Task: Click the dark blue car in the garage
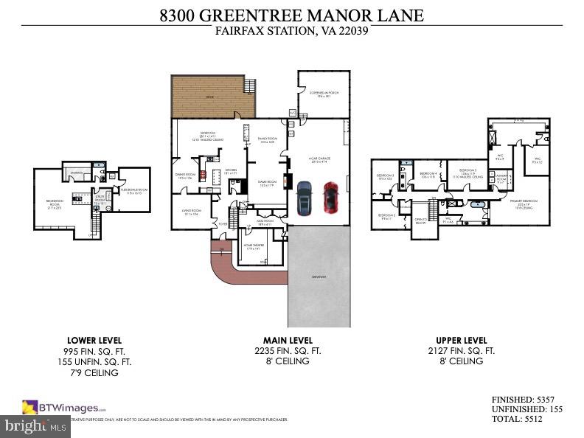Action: click(305, 201)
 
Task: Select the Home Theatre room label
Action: click(251, 248)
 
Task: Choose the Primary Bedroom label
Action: click(524, 202)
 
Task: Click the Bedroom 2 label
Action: click(385, 216)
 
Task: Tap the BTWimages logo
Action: click(64, 406)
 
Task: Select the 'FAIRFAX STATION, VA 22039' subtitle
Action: click(291, 31)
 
